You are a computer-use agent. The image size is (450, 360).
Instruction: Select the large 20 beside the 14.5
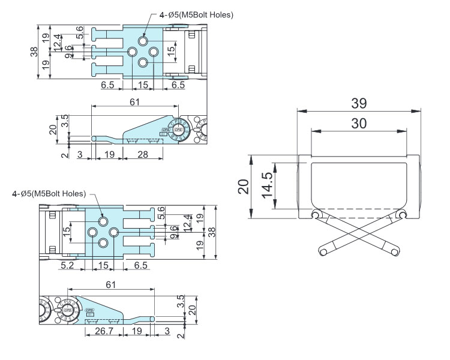(242, 186)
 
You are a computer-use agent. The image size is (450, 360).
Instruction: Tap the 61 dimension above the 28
(135, 101)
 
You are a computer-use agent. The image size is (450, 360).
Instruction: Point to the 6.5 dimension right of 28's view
(178, 85)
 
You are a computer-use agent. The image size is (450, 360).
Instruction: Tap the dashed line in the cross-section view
(359, 209)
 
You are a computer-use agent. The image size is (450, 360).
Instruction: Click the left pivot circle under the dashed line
(315, 215)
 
